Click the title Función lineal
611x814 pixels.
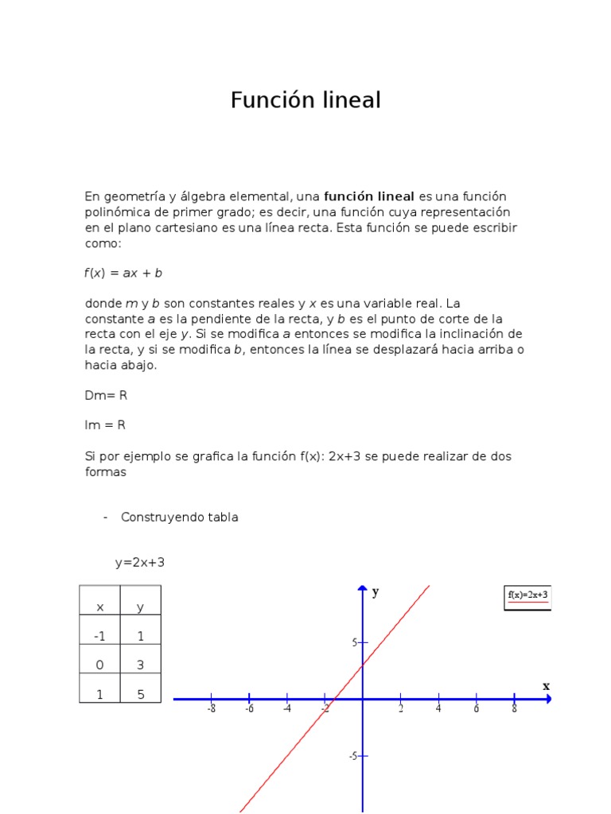[x=305, y=100]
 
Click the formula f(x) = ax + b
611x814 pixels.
[x=123, y=273]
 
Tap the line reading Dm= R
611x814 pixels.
[x=105, y=395]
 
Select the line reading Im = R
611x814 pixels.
[x=105, y=425]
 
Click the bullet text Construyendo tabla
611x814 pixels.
[x=179, y=517]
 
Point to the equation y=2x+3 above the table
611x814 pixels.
[x=140, y=563]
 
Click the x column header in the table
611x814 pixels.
[x=99, y=607]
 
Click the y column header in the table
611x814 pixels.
[x=140, y=607]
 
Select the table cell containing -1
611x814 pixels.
[x=99, y=637]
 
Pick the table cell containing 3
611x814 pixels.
[x=140, y=665]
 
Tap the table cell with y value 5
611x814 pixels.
[x=140, y=694]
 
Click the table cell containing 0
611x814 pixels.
[x=99, y=665]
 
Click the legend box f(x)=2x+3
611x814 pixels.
[x=527, y=597]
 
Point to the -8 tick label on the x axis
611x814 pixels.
[x=211, y=709]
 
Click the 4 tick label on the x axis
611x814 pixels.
[x=438, y=709]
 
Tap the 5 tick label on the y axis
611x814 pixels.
[x=355, y=642]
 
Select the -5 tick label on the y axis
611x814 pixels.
[x=352, y=756]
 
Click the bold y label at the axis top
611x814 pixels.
[x=376, y=591]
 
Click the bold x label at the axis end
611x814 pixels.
[x=546, y=685]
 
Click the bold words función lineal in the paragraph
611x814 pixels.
[x=369, y=196]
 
